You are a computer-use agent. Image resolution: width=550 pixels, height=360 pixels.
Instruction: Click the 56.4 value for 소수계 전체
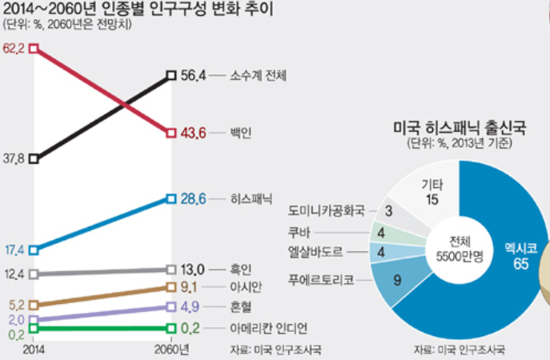[195, 75]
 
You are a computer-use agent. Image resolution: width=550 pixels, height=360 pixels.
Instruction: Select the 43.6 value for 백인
[195, 132]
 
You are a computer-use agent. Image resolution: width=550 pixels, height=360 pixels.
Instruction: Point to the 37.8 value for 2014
[14, 159]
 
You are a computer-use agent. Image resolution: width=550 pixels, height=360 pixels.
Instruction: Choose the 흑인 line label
[240, 269]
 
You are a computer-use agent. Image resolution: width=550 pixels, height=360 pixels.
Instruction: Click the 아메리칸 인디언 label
[268, 328]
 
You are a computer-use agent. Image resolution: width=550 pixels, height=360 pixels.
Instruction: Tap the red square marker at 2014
[33, 49]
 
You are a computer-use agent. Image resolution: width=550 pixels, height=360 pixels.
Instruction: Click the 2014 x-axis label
[33, 349]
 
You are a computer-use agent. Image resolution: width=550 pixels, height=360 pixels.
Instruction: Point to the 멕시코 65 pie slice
[513, 256]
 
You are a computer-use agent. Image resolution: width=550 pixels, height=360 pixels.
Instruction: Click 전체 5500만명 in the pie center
[455, 248]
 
